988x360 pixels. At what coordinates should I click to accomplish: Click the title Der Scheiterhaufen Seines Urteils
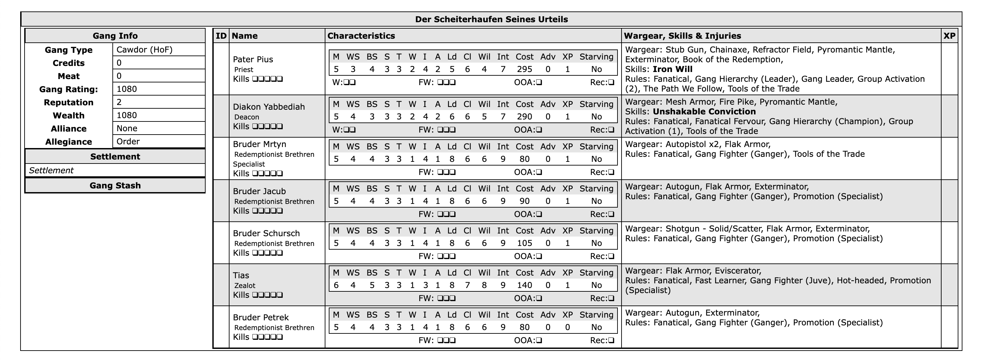coord(491,19)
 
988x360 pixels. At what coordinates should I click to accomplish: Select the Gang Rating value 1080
coord(127,89)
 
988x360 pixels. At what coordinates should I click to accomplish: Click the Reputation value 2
coord(119,102)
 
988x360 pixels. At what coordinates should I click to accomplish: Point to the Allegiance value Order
coord(128,141)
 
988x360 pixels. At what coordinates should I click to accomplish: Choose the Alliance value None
coord(127,129)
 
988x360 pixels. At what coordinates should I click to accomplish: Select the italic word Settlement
coord(51,171)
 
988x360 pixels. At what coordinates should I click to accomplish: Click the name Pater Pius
coord(253,60)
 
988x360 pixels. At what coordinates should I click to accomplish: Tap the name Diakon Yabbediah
coord(269,107)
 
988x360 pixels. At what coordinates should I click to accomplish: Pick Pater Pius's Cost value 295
coord(524,69)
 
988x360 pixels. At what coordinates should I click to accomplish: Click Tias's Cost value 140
coord(524,285)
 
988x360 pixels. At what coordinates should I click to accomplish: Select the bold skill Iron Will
coord(672,69)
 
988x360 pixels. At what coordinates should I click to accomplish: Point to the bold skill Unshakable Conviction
coord(704,112)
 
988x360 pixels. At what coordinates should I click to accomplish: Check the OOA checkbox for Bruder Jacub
coord(539,214)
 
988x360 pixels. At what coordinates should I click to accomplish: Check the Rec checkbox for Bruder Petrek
coord(611,340)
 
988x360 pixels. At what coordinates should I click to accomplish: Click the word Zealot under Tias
coord(245,286)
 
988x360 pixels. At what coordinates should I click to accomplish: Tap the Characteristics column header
coord(361,36)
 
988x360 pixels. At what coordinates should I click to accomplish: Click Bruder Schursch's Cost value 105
coord(524,243)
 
